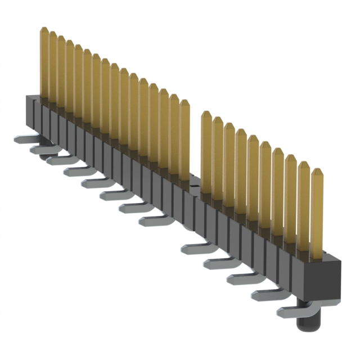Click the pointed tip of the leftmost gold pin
coord(44,29)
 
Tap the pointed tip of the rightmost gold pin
coord(317,170)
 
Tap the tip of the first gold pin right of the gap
coord(206,114)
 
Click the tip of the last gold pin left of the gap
coord(184,102)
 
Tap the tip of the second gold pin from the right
coord(304,164)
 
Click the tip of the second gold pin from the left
coord(52,34)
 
